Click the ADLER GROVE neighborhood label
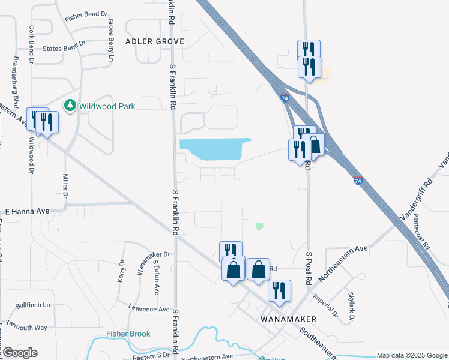155,41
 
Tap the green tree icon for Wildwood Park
70,106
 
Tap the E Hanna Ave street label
26,212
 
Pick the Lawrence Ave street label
149,310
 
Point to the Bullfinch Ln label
34,305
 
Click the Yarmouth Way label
25,328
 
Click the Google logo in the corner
19,353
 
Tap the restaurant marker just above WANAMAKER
279,290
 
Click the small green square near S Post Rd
259,226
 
